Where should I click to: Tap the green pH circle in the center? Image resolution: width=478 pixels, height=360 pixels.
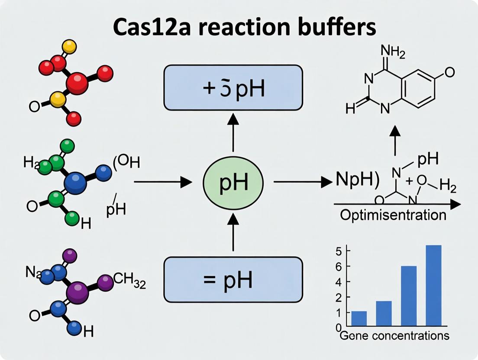click(233, 183)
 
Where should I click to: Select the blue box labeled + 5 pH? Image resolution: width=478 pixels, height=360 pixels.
click(233, 88)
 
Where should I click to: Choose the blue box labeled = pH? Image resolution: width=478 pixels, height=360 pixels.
click(233, 280)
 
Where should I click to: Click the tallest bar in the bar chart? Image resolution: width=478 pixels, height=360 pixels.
click(433, 285)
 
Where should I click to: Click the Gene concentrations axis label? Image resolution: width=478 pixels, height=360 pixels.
click(394, 335)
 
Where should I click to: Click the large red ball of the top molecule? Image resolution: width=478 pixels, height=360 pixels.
click(77, 82)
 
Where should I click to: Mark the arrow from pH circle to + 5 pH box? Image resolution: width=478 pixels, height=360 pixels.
click(233, 134)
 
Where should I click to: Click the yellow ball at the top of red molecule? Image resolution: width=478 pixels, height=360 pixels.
click(69, 46)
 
